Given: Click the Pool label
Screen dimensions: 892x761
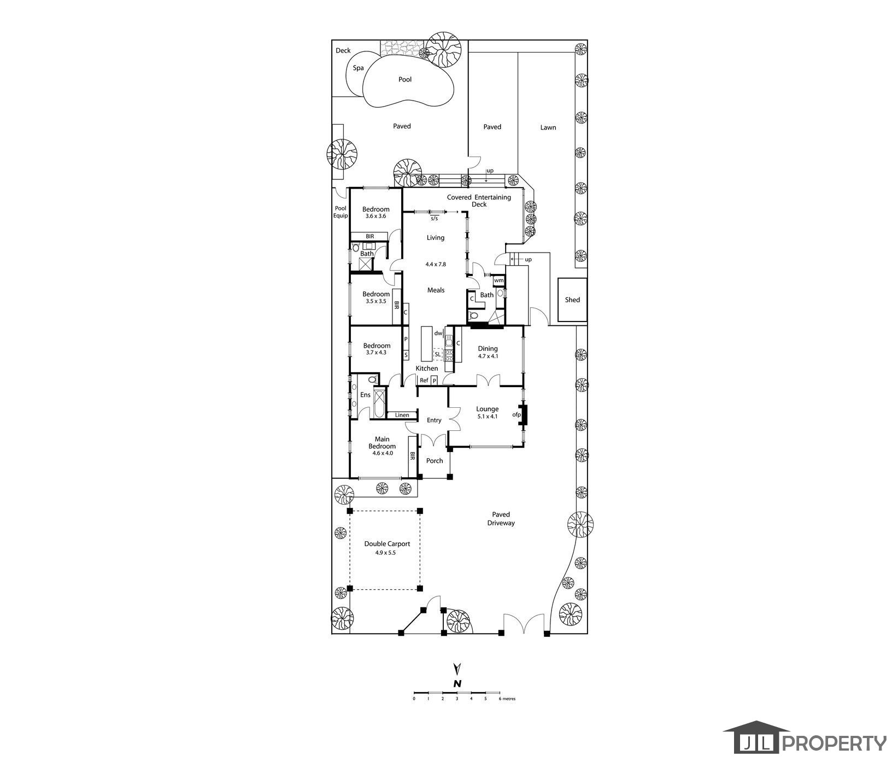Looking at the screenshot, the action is tap(405, 79).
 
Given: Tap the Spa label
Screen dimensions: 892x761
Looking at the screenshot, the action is tap(358, 68).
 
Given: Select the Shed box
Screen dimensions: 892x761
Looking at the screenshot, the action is tap(572, 300).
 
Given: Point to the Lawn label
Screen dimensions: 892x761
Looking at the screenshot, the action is tap(548, 127).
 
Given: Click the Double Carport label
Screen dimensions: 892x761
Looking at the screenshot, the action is tap(387, 544).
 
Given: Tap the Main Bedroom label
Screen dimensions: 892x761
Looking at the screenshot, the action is tap(382, 443).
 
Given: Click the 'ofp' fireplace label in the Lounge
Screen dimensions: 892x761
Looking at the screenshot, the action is tap(517, 415).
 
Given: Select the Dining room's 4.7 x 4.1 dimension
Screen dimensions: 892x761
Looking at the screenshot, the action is tap(488, 356).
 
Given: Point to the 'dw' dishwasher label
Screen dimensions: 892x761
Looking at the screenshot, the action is tap(438, 333).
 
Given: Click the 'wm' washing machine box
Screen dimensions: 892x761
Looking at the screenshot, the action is tap(498, 281).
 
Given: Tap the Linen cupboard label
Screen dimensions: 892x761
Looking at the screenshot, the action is tap(402, 415).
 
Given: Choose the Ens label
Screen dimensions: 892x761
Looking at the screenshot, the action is tap(365, 395).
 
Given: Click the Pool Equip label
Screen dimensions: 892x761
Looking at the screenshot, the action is tap(341, 212).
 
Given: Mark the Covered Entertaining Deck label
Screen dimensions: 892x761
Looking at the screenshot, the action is tap(479, 201).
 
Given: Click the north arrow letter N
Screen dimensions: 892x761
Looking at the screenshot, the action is tap(457, 683).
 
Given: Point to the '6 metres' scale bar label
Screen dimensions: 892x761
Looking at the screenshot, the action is tap(508, 699).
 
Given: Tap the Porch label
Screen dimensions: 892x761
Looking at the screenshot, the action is tap(435, 461).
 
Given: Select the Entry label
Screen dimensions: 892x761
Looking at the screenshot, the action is tap(434, 420).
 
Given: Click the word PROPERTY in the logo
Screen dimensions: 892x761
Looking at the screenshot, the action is tap(836, 744).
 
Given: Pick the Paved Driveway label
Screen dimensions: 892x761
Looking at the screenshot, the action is tap(501, 519).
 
